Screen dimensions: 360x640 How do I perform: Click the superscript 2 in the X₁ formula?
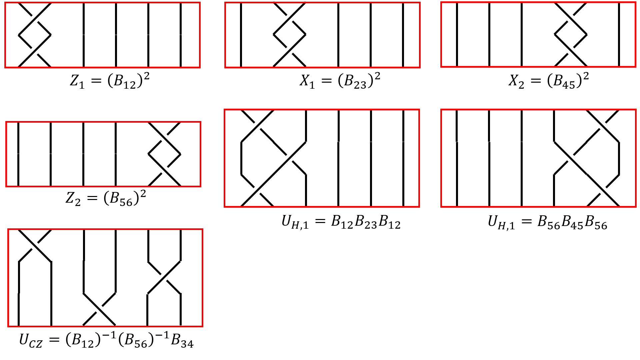point(377,77)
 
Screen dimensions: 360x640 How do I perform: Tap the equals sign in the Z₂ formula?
point(92,199)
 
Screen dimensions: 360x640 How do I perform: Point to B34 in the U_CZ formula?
point(182,341)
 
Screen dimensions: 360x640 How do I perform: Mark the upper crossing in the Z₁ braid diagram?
point(35,19)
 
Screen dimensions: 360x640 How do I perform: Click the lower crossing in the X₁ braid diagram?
point(290,51)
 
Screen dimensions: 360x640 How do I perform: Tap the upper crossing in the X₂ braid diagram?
point(570,19)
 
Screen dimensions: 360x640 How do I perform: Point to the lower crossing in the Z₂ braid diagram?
point(164,170)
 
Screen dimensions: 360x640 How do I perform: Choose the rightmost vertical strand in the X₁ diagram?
point(403,35)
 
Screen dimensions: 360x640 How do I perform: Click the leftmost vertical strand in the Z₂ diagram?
point(18,154)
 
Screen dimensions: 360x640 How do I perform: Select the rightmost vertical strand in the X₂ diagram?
point(619,35)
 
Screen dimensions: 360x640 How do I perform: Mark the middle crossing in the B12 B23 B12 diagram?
point(290,158)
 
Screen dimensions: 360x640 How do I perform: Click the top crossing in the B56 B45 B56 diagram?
point(603,126)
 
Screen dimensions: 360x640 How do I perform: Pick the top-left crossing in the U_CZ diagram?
point(35,246)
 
